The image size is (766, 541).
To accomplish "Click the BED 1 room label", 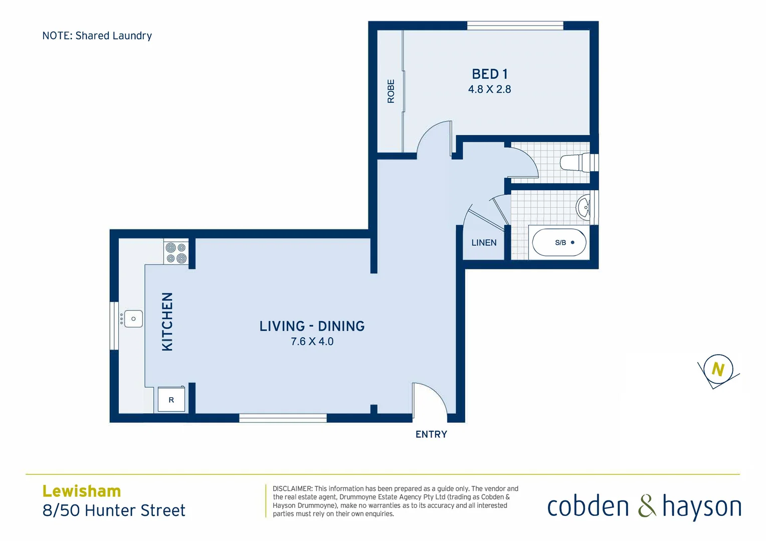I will point(489,74).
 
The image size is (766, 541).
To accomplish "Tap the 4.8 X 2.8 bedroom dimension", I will point(489,90).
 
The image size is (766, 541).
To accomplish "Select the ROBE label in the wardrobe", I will point(391,91).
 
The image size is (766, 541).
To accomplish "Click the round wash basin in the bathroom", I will point(584,207).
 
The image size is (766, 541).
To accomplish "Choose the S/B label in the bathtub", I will point(560,243).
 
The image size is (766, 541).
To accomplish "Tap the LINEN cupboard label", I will point(484,243).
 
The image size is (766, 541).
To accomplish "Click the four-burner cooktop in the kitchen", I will point(176,252).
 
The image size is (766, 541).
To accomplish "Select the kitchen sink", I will point(133,319).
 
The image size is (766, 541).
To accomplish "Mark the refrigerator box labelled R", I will point(171,400).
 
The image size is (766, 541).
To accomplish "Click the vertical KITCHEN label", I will point(167,322).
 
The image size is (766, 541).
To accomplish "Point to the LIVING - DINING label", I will point(312,326).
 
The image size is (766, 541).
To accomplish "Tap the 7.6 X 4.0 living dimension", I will point(312,342).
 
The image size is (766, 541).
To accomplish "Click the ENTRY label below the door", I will point(431,435).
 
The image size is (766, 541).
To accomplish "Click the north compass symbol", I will point(718,370).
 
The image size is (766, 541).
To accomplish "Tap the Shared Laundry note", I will point(97,36).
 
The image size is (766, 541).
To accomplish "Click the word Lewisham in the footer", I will point(82,491).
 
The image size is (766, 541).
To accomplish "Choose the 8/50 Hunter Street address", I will point(114,510).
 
